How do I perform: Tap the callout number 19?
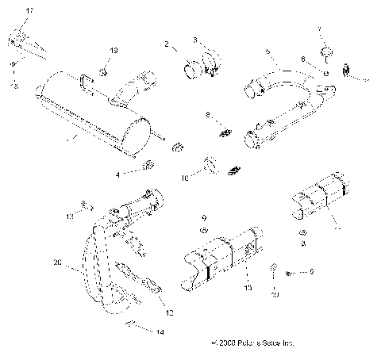114,51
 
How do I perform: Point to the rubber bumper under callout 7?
324,53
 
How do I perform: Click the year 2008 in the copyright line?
224,344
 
